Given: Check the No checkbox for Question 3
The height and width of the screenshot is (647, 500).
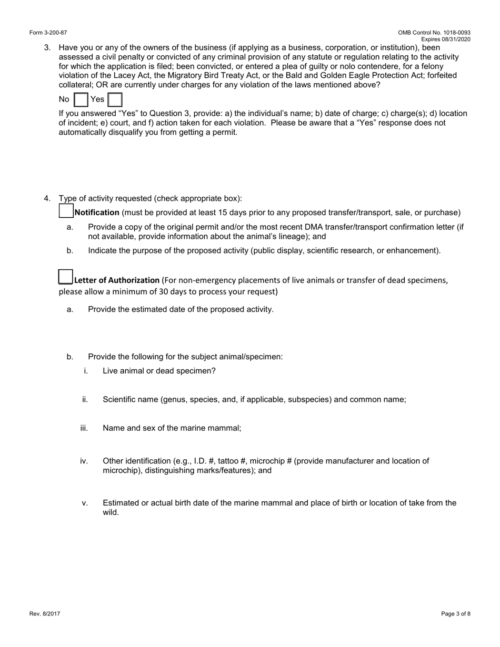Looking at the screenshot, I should coord(81,99).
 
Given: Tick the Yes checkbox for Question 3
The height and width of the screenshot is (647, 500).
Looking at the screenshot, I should coord(115,99).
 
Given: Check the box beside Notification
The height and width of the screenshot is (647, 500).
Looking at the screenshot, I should coord(66,211).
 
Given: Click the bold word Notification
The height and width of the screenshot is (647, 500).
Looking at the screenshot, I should coord(97,213).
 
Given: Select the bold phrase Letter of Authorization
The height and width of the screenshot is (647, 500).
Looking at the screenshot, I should coord(117,280).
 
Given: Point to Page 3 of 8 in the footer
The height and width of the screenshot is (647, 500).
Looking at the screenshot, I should coord(456,613).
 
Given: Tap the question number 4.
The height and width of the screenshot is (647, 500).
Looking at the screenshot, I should coord(47,198).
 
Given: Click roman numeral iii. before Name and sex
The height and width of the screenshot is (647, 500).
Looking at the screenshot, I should coord(84,428).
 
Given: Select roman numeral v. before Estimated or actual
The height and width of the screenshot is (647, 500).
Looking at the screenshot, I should coord(85,503).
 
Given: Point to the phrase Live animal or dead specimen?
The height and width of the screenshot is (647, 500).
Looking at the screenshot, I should coord(159,371).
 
